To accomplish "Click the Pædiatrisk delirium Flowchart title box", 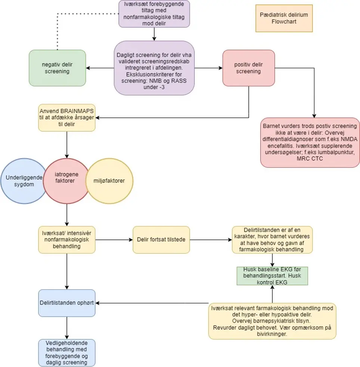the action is (x=284, y=18).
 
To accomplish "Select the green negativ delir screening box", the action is (x=57, y=68).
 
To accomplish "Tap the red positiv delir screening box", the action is (x=248, y=68).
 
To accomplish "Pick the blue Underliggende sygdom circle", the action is (x=24, y=181).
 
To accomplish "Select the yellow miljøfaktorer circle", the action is (x=109, y=181).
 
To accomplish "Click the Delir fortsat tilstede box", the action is (x=161, y=240).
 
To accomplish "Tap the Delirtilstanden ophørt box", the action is (x=67, y=303).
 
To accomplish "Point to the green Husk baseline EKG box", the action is (x=272, y=276).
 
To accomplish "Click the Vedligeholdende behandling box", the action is (x=67, y=353).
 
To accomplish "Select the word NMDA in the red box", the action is (x=349, y=139).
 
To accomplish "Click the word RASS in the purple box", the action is (x=179, y=81).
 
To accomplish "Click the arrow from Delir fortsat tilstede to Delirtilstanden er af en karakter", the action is (x=211, y=240).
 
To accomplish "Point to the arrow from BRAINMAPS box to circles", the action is (x=67, y=145).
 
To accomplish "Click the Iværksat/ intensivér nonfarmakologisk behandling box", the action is (x=67, y=240).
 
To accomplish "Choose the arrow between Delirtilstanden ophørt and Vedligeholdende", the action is (x=67, y=328).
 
